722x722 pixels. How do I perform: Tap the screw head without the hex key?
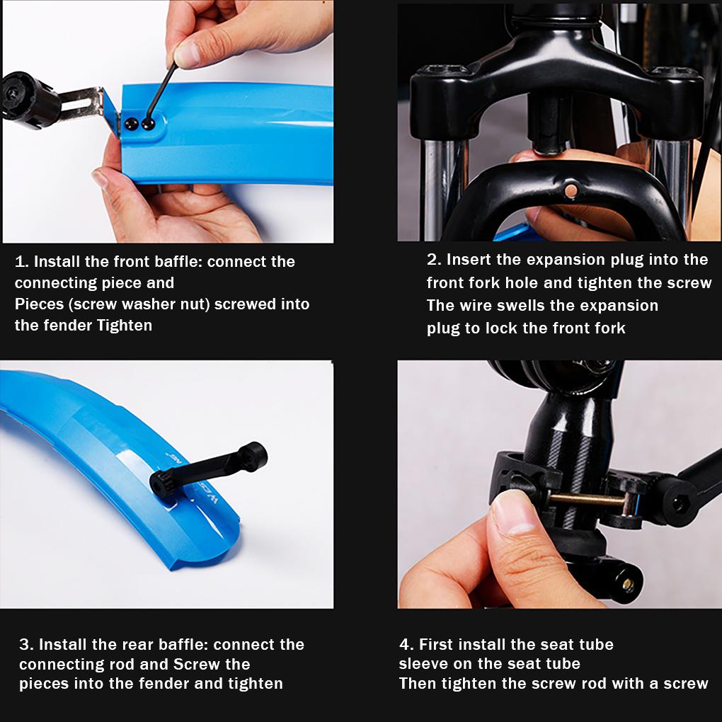tap(131, 124)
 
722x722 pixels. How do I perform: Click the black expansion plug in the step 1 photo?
tap(30, 100)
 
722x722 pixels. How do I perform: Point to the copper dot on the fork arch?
tap(571, 190)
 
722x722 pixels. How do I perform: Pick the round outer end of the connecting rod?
tap(252, 456)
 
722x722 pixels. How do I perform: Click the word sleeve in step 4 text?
tap(423, 663)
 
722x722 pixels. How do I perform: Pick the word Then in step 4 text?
tap(418, 683)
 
